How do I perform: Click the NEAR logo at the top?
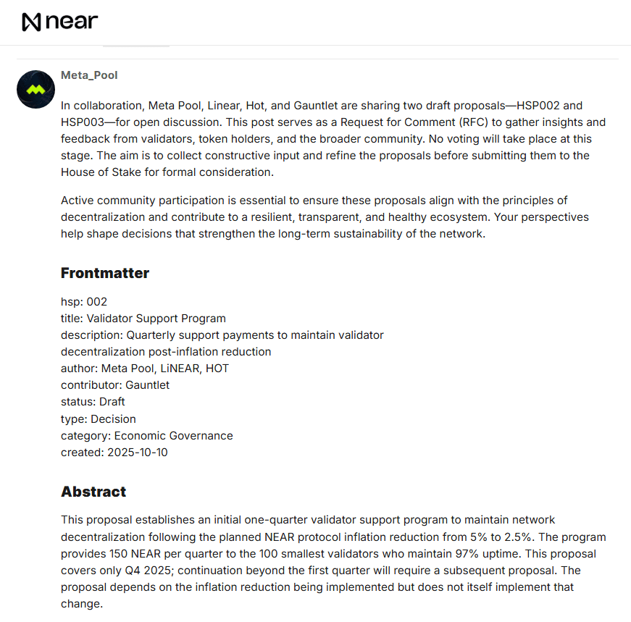click(59, 22)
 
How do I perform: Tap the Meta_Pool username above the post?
click(89, 75)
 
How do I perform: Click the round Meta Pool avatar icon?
click(35, 90)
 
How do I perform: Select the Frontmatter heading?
click(104, 273)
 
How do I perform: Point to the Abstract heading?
click(93, 492)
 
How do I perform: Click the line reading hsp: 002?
click(84, 301)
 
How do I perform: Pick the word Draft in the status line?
click(112, 401)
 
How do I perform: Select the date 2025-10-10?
click(137, 452)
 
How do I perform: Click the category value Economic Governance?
click(173, 435)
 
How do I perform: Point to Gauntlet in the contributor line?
click(147, 384)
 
